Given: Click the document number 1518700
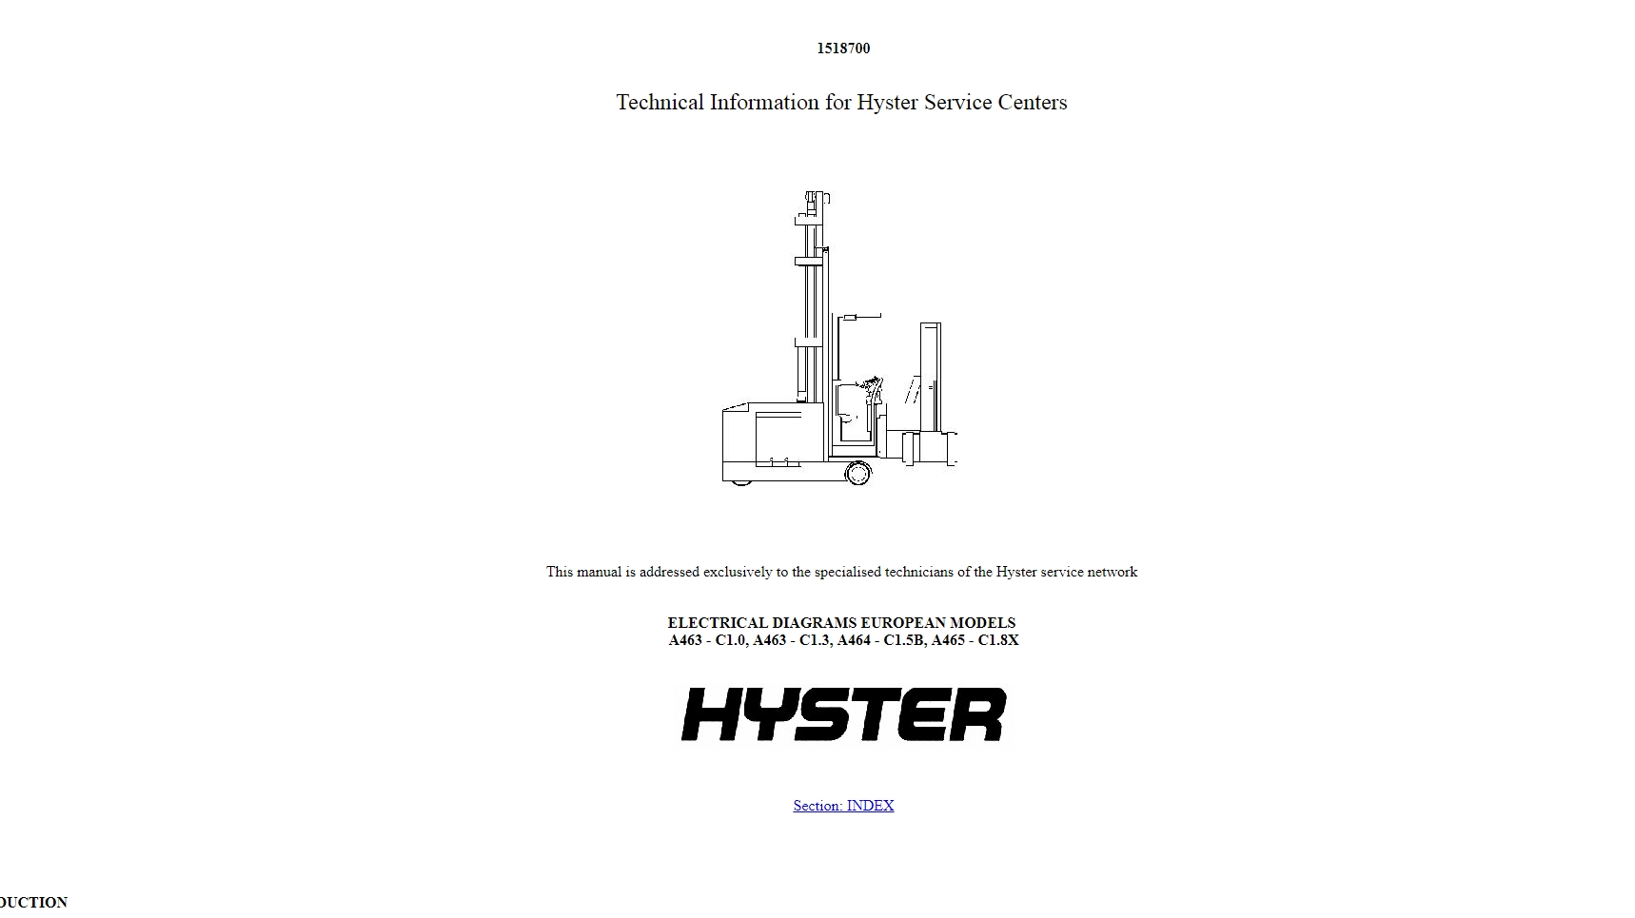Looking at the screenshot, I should [843, 49].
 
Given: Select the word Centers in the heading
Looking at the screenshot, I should [1033, 103].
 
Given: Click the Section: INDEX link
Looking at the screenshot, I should [843, 806].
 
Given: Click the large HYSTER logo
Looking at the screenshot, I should [843, 714].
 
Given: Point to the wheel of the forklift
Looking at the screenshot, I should [857, 473].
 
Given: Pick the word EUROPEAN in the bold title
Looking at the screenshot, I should [904, 623].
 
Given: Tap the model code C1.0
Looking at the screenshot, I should [730, 640].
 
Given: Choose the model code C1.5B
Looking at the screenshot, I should [903, 640].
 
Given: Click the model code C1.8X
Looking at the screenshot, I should [998, 640].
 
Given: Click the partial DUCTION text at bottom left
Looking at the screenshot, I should [34, 902].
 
